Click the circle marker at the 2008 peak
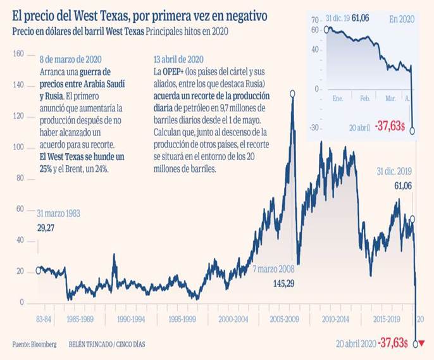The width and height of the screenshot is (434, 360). click(292, 94)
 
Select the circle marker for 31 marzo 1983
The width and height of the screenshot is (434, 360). click(38, 270)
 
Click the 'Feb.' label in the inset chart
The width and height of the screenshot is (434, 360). click(365, 99)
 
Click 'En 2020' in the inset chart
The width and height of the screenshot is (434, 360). click(400, 20)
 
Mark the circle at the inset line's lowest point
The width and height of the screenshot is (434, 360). click(412, 131)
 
